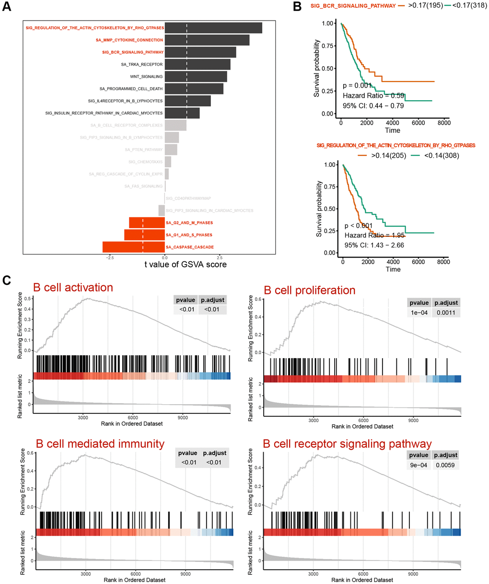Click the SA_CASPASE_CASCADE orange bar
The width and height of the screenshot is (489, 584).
(134, 247)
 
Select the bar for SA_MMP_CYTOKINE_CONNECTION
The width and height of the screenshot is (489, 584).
(207, 40)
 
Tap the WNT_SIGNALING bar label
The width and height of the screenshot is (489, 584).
(146, 77)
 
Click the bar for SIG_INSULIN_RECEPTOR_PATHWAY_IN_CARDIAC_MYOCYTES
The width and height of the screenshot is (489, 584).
(182, 113)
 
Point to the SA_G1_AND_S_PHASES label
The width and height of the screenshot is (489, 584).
(189, 235)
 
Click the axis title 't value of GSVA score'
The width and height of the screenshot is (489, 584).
(185, 264)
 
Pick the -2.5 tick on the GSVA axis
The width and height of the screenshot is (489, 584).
(110, 257)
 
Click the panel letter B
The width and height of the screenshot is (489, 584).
(297, 7)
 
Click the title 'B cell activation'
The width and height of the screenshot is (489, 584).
(73, 288)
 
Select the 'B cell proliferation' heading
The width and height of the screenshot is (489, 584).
(310, 291)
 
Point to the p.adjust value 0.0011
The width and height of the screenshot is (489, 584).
(445, 312)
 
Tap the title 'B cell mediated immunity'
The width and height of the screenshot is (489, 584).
(100, 444)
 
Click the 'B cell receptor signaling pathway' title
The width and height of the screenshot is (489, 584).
(347, 444)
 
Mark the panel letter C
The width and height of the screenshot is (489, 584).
(7, 280)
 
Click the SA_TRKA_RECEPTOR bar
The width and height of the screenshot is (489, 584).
(198, 64)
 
